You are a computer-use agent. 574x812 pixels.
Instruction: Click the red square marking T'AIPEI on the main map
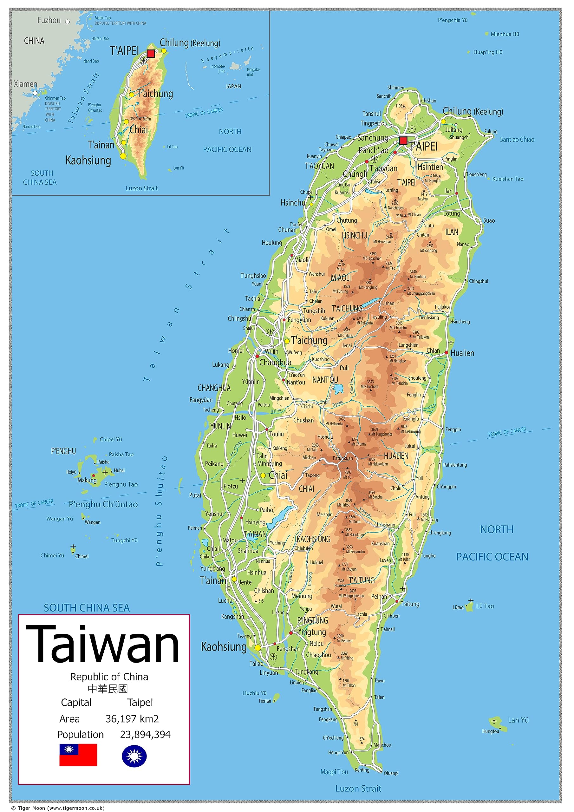click(x=403, y=141)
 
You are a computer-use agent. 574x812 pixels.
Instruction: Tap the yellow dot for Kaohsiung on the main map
click(x=258, y=648)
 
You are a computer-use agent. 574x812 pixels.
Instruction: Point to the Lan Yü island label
click(x=518, y=720)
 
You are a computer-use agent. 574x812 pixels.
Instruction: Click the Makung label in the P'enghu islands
click(x=87, y=480)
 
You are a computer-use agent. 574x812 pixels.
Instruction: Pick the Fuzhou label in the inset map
click(x=49, y=21)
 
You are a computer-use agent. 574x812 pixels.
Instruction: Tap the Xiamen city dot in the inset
click(x=35, y=93)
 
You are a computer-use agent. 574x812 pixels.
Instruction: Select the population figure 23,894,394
click(x=145, y=735)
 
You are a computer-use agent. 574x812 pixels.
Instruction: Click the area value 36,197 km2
click(x=132, y=719)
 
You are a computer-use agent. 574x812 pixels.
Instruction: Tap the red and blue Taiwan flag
click(x=78, y=755)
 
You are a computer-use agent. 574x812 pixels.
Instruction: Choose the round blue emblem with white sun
click(x=134, y=756)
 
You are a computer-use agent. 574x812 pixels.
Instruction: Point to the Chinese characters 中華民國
click(x=108, y=689)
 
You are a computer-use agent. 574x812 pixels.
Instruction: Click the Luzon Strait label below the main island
click(x=358, y=788)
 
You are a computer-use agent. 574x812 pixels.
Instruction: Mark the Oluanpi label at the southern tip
click(x=391, y=773)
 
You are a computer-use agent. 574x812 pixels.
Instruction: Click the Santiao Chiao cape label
click(x=517, y=139)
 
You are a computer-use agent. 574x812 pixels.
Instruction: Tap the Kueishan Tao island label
click(x=507, y=179)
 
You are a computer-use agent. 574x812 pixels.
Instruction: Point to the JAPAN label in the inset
click(x=233, y=86)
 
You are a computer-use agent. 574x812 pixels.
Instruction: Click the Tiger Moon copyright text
click(x=58, y=808)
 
